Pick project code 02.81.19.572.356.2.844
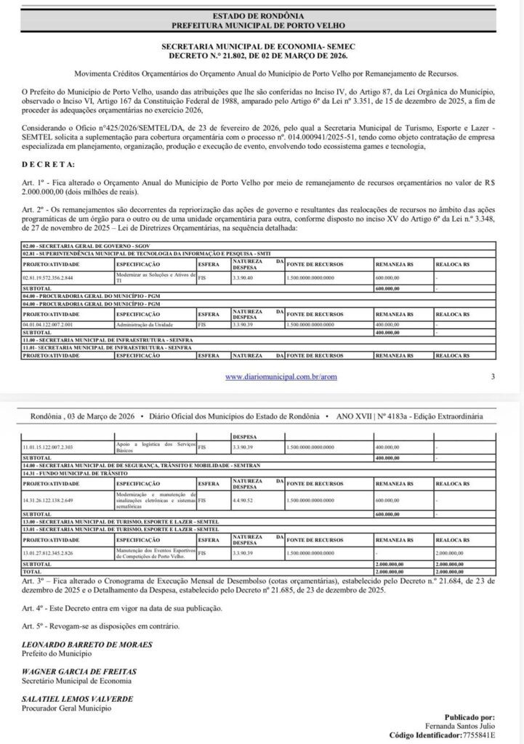[x=52, y=278]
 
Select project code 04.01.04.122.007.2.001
[x=52, y=324]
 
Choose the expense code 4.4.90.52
[x=245, y=501]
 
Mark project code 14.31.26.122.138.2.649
[x=52, y=501]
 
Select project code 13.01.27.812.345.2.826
[x=52, y=553]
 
